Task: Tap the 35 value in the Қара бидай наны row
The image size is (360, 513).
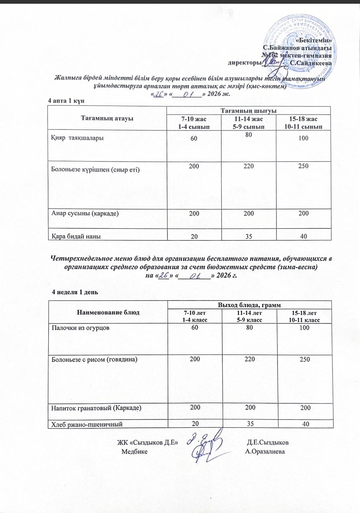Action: coord(249,236)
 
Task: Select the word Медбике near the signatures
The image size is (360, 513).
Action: coord(134,451)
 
